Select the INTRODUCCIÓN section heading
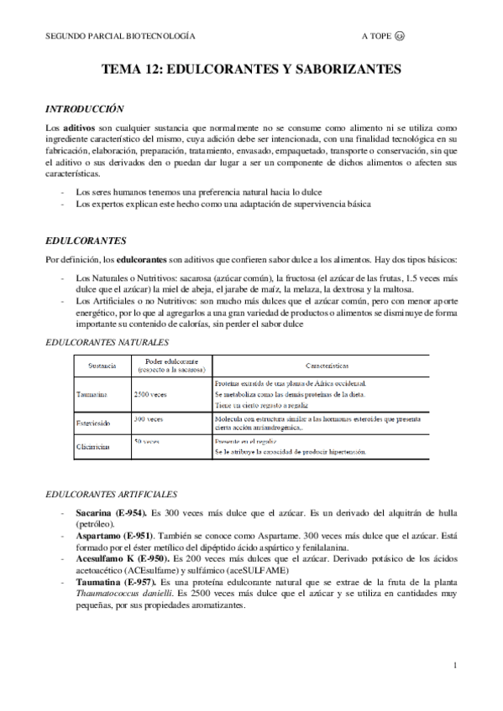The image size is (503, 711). coord(84,108)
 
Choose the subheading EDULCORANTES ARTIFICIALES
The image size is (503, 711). coord(108,494)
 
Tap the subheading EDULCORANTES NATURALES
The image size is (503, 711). coord(106,342)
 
